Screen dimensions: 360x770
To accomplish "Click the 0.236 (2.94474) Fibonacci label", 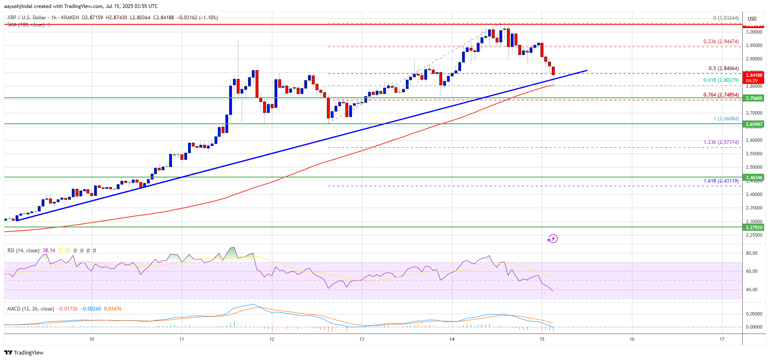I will coord(721,42).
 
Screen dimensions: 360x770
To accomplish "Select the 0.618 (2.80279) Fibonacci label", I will coord(721,80).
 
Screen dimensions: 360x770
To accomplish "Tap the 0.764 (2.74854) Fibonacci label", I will coord(721,95).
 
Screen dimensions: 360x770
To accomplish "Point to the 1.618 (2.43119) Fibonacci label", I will coord(721,181).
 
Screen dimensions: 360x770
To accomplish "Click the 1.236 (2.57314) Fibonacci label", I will coord(721,142).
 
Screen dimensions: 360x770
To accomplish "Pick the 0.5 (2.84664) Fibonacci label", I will coord(723,68).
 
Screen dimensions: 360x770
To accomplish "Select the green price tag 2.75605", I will coord(754,98).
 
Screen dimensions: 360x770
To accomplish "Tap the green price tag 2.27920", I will coord(754,227).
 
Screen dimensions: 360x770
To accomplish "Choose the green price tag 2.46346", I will coord(754,177).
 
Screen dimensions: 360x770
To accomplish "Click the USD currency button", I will coord(752,18).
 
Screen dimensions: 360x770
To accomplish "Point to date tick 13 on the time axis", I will coord(362,339).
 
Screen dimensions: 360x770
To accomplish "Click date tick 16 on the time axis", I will coord(632,339).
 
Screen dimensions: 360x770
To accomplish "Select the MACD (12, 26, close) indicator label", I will coord(31,309).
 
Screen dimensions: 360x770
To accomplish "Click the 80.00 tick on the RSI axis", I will coord(752,253).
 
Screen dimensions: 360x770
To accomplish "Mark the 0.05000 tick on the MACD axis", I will coord(754,314).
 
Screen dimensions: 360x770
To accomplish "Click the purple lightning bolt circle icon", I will coord(552,239).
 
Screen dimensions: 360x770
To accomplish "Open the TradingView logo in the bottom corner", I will coord(24,352).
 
